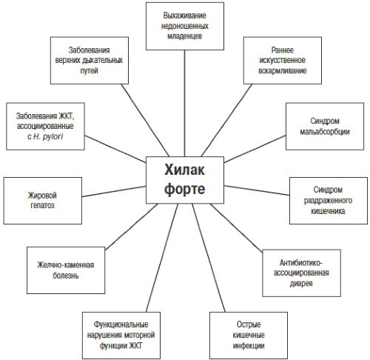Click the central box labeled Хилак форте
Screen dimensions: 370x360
[185, 180]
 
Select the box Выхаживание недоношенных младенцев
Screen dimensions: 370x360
[185, 26]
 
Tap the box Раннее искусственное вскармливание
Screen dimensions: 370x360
[283, 61]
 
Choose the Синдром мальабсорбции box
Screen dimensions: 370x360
[325, 126]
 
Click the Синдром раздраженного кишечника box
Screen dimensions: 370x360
[329, 201]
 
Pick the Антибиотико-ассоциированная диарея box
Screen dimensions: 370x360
[301, 273]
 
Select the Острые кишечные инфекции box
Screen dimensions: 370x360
[249, 336]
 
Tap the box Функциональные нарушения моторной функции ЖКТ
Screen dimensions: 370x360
[121, 336]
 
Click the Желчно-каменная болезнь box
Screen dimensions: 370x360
[66, 270]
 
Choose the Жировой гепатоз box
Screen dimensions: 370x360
[43, 201]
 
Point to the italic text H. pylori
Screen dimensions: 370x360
[48, 136]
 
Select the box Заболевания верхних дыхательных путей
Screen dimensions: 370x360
[90, 61]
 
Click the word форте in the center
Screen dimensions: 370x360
[185, 190]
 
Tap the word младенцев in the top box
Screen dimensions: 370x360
[185, 36]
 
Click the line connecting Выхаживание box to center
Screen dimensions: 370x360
[184, 104]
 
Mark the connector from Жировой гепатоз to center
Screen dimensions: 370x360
[114, 191]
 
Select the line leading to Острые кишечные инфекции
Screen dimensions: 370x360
[209, 258]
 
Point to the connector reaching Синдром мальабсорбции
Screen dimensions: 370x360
[255, 149]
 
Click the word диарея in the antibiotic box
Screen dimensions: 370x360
[301, 284]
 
